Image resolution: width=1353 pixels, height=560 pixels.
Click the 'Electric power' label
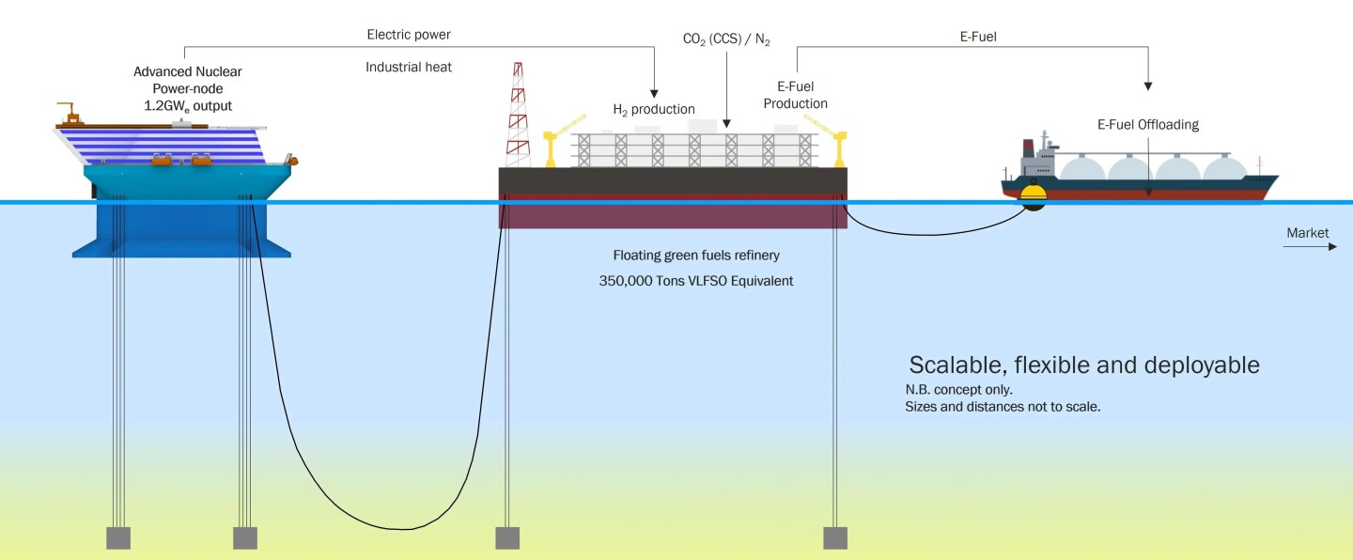408,35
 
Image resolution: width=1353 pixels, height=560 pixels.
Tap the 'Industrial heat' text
408,68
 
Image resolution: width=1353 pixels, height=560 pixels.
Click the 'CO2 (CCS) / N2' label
726,40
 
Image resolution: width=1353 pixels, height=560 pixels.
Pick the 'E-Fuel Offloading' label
1147,124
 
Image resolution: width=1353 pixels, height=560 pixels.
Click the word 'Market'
1307,232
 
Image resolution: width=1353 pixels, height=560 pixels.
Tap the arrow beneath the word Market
1310,247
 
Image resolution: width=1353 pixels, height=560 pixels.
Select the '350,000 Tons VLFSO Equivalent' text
695,280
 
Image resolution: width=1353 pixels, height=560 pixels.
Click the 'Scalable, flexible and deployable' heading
1083,365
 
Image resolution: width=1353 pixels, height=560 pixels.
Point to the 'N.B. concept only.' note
958,389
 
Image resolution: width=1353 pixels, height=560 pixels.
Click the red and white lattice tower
518,117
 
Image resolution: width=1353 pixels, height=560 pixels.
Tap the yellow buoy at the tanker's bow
1034,194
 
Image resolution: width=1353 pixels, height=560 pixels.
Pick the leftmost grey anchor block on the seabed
117,537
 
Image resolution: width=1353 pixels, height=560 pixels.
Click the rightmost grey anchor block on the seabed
834,537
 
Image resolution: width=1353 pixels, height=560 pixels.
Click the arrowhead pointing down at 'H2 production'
655,91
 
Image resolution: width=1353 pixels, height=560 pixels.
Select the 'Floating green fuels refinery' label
696,255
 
